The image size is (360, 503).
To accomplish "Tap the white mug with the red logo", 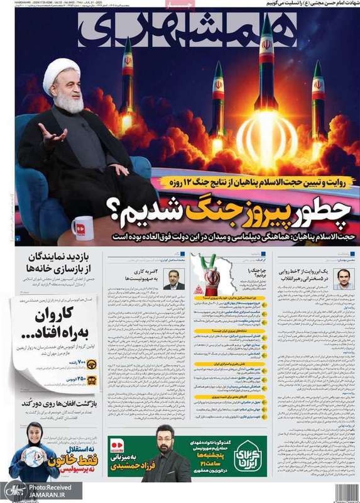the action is [x=82, y=228].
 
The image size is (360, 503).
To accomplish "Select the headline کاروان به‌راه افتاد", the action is [x=55, y=322].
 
